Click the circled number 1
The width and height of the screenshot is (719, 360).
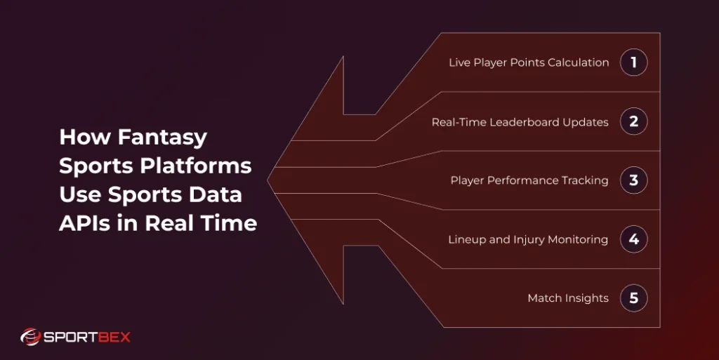pyautogui.click(x=633, y=62)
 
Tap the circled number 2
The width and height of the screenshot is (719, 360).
pyautogui.click(x=633, y=121)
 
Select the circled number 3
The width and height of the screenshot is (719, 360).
pyautogui.click(x=633, y=180)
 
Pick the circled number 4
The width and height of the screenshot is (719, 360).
pyautogui.click(x=633, y=239)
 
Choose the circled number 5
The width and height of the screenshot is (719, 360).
pyautogui.click(x=633, y=298)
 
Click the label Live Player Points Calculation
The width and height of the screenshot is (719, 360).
pyautogui.click(x=529, y=62)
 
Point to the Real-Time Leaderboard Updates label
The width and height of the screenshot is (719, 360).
pyautogui.click(x=520, y=122)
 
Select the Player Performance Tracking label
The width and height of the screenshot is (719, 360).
pyautogui.click(x=529, y=180)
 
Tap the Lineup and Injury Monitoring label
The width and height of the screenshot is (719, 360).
pyautogui.click(x=528, y=239)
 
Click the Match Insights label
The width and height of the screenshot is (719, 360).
pyautogui.click(x=568, y=298)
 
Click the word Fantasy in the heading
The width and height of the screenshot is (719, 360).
pyautogui.click(x=163, y=137)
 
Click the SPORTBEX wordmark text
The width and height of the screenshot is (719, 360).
pyautogui.click(x=88, y=337)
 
